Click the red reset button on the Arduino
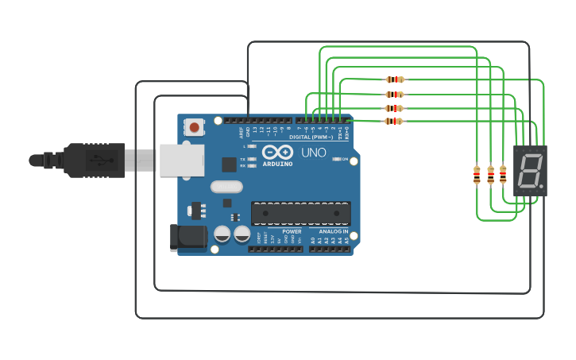point(194,126)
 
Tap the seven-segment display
point(529,170)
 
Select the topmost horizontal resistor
point(394,79)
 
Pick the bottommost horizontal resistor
point(394,121)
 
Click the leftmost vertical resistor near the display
point(477,174)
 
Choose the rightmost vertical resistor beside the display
point(503,174)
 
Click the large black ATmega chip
point(300,213)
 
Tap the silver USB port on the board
point(181,159)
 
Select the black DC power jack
point(187,238)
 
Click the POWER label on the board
point(292,231)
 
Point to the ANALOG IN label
point(334,231)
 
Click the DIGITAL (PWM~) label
point(311,137)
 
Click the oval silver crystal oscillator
point(226,187)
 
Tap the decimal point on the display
point(542,188)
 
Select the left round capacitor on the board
point(222,234)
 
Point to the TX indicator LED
point(251,159)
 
